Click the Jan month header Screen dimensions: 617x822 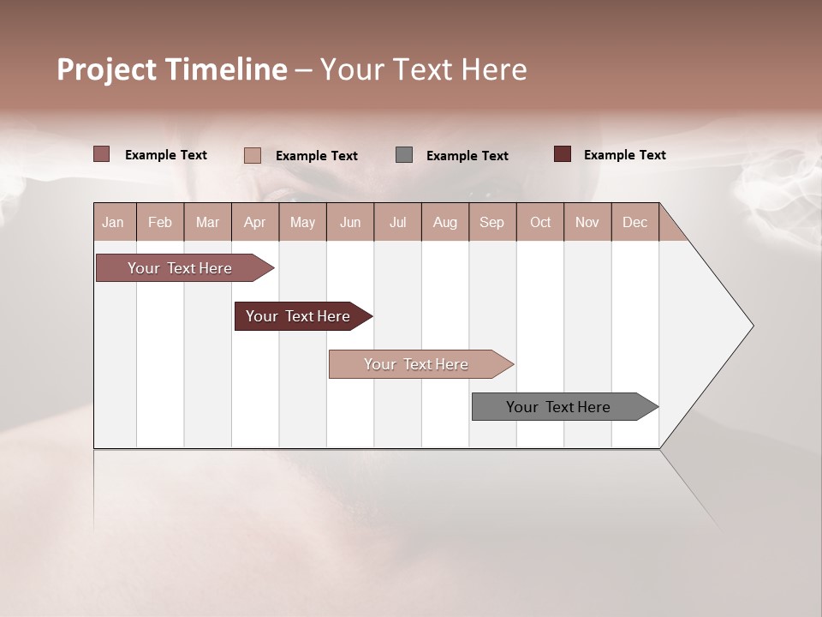tap(113, 222)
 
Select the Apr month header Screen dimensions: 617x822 tap(254, 222)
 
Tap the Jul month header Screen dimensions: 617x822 tap(397, 222)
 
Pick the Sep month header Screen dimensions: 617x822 tap(491, 222)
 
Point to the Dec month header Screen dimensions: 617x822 tap(634, 222)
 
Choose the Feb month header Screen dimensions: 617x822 tap(160, 222)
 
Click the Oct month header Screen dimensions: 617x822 tap(540, 222)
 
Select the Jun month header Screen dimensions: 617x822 tap(350, 222)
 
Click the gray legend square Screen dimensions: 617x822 tap(404, 154)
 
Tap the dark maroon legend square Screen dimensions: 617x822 tap(563, 153)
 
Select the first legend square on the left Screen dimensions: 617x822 tap(101, 153)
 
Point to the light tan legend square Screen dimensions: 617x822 tap(253, 155)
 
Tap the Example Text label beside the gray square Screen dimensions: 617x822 tap(467, 155)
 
